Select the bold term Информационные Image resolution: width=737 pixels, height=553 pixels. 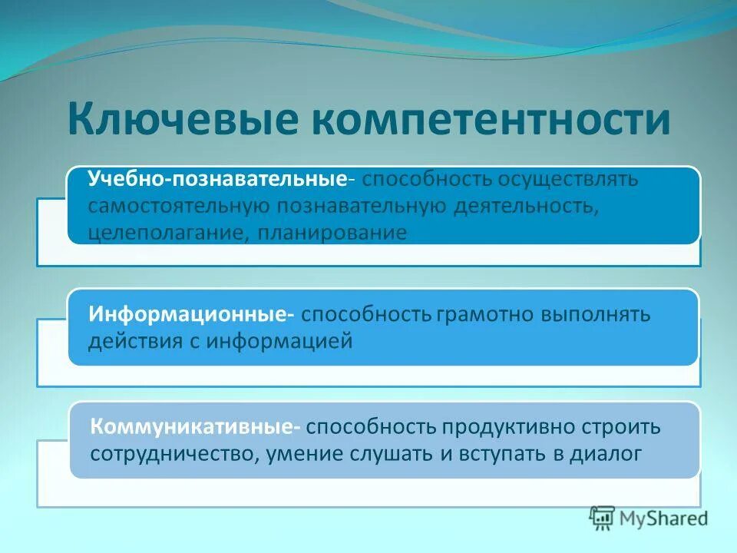(188, 315)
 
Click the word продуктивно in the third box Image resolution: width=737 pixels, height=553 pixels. (502, 426)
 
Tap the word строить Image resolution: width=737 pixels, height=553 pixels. (623, 426)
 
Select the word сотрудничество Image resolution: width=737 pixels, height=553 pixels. (176, 452)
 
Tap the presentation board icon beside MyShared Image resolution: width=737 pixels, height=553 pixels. (603, 518)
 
